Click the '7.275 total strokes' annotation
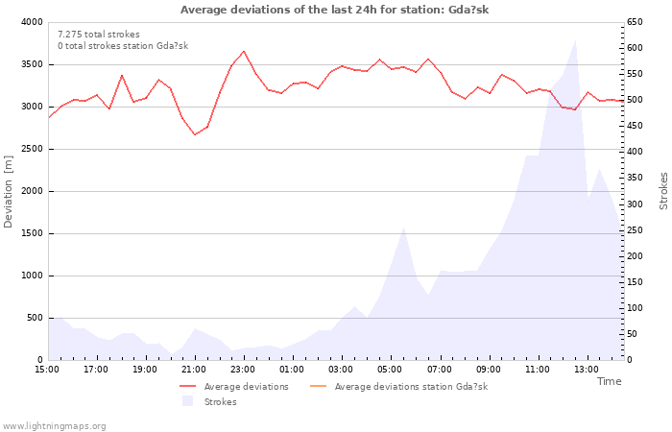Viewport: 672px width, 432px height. click(98, 35)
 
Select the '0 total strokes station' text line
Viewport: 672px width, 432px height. click(122, 46)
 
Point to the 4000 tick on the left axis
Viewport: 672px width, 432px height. click(31, 22)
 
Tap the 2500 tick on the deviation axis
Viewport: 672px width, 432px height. click(31, 149)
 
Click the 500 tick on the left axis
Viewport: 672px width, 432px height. click(34, 318)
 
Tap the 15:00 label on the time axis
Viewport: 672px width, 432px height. click(47, 369)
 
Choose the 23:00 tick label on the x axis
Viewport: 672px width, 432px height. click(243, 369)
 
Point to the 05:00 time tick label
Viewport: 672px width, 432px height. click(390, 369)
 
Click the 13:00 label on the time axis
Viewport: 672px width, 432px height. click(586, 369)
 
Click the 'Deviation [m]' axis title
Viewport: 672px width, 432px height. click(10, 191)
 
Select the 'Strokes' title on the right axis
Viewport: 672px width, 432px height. click(663, 191)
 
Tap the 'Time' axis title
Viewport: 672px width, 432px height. click(609, 381)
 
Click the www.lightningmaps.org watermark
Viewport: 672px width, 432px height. click(55, 425)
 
